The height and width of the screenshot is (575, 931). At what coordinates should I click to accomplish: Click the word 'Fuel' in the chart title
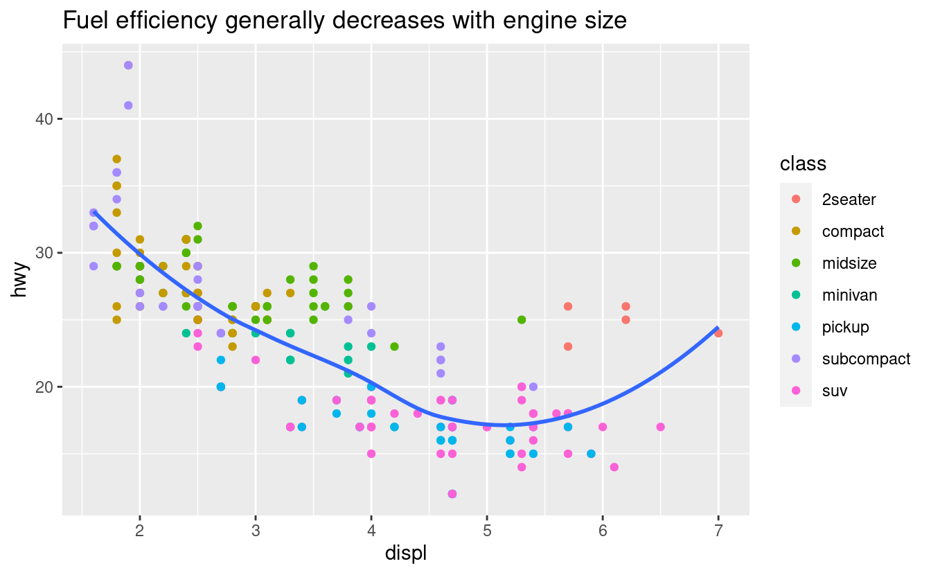[x=80, y=21]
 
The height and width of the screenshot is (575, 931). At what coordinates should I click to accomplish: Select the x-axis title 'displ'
[x=405, y=554]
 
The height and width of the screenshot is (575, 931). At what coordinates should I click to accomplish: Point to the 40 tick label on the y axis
[x=44, y=119]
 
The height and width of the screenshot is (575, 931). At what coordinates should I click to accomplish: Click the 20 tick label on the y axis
[x=44, y=387]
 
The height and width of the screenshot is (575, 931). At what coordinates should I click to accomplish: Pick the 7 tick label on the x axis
[x=718, y=531]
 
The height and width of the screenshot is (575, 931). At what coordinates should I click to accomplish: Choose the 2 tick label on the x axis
[x=140, y=531]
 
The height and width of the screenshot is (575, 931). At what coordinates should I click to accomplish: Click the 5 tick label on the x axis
[x=487, y=531]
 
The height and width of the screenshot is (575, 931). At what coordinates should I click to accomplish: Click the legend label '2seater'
[x=849, y=200]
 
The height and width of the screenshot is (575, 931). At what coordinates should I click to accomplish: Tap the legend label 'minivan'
[x=849, y=295]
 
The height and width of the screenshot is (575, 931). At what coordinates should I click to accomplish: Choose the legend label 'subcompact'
[x=866, y=359]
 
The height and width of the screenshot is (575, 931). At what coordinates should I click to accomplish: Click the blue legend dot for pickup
[x=796, y=327]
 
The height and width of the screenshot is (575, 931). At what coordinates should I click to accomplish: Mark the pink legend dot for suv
[x=796, y=391]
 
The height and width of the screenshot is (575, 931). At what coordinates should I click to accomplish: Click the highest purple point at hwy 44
[x=128, y=65]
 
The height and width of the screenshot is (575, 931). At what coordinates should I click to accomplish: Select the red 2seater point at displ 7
[x=718, y=333]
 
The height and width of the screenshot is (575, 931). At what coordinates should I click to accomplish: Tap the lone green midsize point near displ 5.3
[x=522, y=319]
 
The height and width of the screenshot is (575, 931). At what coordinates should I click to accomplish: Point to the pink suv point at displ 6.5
[x=660, y=427]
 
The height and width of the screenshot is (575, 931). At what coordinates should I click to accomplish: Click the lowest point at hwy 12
[x=452, y=494]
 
